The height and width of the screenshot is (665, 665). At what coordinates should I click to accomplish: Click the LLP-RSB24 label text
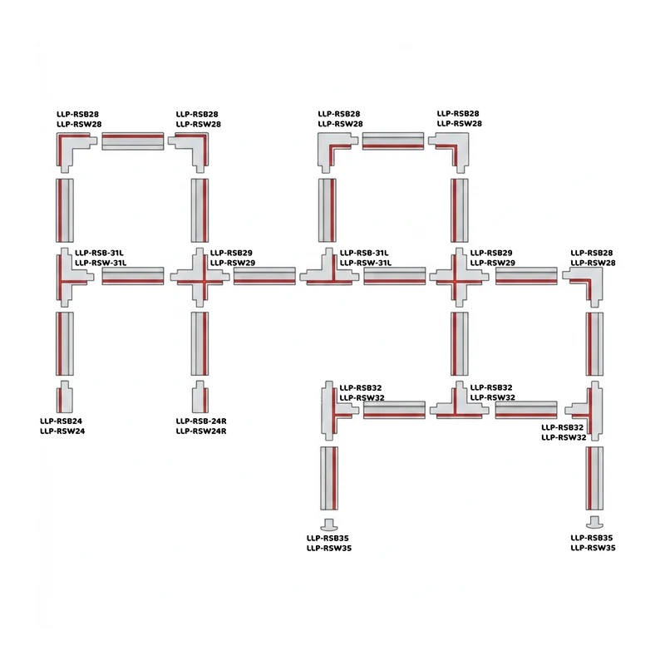pyautogui.click(x=61, y=421)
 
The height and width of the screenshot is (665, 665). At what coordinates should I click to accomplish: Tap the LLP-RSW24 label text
pyautogui.click(x=62, y=431)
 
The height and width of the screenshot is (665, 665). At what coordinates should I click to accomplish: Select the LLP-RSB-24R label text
pyautogui.click(x=201, y=421)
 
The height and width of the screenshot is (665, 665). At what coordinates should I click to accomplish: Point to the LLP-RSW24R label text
pyautogui.click(x=201, y=431)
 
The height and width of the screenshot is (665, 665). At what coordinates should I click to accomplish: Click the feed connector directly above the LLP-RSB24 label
pyautogui.click(x=65, y=397)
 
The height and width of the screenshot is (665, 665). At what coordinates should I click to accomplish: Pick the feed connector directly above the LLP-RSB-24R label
pyautogui.click(x=199, y=397)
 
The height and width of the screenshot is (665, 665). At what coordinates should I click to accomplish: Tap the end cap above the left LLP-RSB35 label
pyautogui.click(x=329, y=525)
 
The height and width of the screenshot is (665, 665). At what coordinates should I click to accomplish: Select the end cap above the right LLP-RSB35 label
pyautogui.click(x=594, y=523)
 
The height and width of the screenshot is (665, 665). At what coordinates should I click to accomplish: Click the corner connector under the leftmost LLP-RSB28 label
pyautogui.click(x=73, y=150)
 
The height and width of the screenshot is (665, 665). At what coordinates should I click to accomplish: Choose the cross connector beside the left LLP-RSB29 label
pyautogui.click(x=199, y=278)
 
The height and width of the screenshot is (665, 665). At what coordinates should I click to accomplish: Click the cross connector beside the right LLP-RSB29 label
pyautogui.click(x=460, y=278)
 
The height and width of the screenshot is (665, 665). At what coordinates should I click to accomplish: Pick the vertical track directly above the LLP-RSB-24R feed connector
pyautogui.click(x=199, y=344)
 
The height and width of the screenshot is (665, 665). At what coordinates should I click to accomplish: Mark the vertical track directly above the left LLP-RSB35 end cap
pyautogui.click(x=329, y=478)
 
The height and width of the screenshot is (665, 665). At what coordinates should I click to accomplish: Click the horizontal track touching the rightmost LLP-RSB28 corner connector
pyautogui.click(x=526, y=276)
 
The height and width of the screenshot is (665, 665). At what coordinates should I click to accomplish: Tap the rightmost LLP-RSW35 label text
pyautogui.click(x=593, y=548)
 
